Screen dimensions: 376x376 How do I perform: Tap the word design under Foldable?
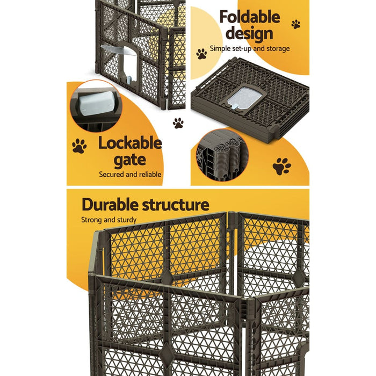point(249,33)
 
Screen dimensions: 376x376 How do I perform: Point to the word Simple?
point(220,49)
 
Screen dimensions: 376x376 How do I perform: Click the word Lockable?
point(129,143)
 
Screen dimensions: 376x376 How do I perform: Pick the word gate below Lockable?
point(129,160)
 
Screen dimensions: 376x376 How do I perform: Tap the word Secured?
point(112,175)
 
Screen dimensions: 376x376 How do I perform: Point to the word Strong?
point(92,220)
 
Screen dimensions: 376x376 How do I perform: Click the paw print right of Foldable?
point(296,24)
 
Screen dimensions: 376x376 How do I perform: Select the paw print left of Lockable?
point(79,146)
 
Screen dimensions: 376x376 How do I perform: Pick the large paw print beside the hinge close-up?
point(281,167)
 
